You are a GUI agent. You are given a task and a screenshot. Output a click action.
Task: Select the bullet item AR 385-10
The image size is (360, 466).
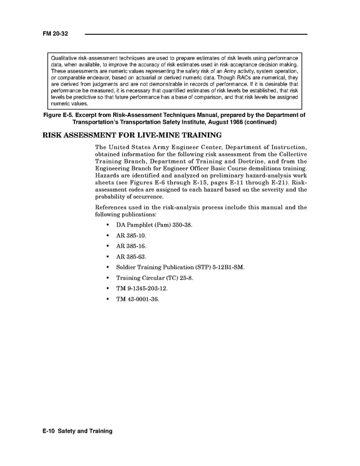coord(131,235)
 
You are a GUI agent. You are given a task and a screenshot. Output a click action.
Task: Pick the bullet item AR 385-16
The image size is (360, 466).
coord(131,246)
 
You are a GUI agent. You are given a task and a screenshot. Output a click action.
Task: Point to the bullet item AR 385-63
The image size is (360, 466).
coord(131,256)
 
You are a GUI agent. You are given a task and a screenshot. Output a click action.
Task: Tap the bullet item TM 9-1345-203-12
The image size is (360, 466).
coord(142,288)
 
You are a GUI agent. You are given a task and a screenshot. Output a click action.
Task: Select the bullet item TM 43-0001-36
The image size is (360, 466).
coord(137,299)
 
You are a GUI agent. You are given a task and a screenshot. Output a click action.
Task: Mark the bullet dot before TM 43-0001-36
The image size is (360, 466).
coord(107,299)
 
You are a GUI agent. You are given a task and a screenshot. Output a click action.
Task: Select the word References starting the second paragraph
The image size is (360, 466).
coord(112,207)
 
